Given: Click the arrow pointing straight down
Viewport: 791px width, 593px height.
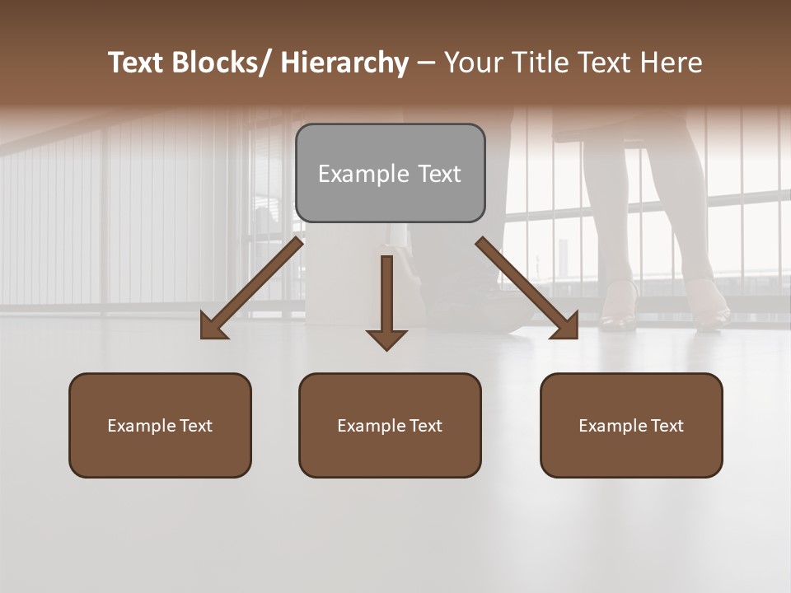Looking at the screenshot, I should pos(386,296).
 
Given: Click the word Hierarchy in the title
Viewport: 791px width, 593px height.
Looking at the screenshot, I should pos(344,63).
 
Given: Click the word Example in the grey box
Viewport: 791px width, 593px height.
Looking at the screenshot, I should pos(363,175).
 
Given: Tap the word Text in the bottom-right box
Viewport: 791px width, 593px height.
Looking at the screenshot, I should pos(667,426).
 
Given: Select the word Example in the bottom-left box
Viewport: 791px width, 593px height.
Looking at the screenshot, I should pos(141,426).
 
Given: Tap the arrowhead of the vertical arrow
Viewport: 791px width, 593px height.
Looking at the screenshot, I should pos(386,339).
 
